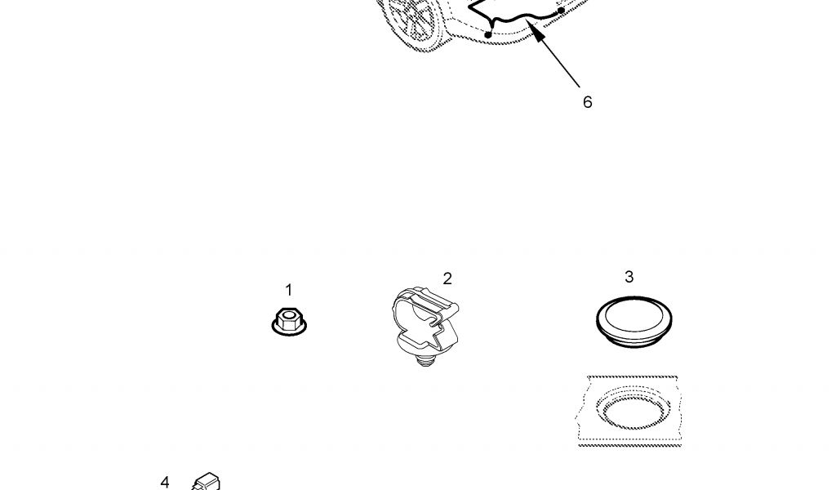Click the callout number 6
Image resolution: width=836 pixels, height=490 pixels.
(587, 102)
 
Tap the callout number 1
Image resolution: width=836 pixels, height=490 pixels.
(288, 290)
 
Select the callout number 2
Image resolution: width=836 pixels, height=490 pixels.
(447, 278)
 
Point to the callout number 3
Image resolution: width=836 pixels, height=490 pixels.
(629, 277)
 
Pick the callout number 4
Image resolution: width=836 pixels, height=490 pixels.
(165, 482)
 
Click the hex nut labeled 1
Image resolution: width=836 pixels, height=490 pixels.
(289, 322)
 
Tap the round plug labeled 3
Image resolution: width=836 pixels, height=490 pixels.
(634, 322)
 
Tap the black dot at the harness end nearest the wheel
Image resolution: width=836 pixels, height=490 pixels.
(488, 35)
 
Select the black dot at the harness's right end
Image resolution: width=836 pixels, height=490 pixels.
(562, 10)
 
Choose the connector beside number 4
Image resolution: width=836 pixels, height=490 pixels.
(207, 482)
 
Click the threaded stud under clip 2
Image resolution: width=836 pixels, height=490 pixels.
(425, 362)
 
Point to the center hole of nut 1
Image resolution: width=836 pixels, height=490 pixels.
(288, 316)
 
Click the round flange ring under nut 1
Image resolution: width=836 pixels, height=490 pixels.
(289, 328)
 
